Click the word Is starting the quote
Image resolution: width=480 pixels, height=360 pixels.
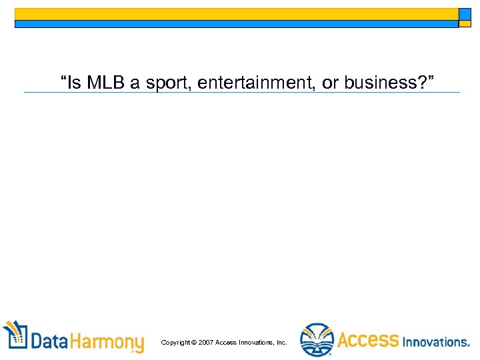tap(73, 83)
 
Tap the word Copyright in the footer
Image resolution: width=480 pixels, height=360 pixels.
tap(175, 343)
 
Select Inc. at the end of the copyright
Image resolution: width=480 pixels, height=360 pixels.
tap(281, 343)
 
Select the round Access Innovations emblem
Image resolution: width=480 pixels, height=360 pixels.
tap(316, 340)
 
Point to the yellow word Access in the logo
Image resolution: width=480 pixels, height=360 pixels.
tap(368, 341)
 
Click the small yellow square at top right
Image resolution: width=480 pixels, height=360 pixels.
tap(465, 14)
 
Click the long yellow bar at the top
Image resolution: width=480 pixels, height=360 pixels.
tap(236, 14)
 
